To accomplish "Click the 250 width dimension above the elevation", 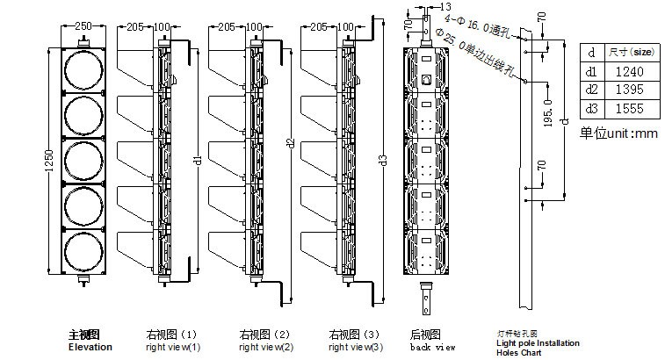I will (83, 27).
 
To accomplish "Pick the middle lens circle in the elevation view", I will (83, 160).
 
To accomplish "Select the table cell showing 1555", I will (630, 108).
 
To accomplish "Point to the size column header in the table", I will (630, 53).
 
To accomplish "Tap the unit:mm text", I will (618, 133).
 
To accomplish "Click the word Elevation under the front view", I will (90, 347).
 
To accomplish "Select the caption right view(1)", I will (172, 347).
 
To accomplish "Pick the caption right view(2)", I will (264, 347).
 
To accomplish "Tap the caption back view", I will (433, 347).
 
